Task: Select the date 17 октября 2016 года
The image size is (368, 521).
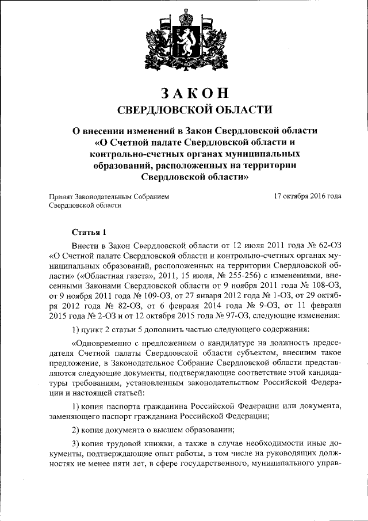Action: (308, 196)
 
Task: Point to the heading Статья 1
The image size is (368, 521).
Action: (89, 232)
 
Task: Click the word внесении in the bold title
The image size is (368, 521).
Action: (113, 131)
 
